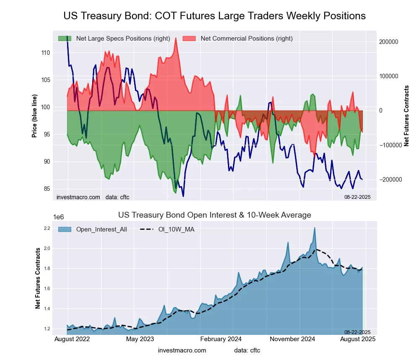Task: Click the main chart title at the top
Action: [x=215, y=16]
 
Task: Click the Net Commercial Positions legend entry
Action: [x=246, y=39]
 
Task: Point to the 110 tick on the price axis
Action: [x=46, y=53]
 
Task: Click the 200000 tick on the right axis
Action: [x=388, y=42]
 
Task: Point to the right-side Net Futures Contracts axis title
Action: [x=406, y=115]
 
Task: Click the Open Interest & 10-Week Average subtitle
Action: [x=215, y=215]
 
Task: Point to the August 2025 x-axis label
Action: [x=357, y=339]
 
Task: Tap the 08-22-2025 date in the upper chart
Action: [x=357, y=197]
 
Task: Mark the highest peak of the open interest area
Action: [x=314, y=228]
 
